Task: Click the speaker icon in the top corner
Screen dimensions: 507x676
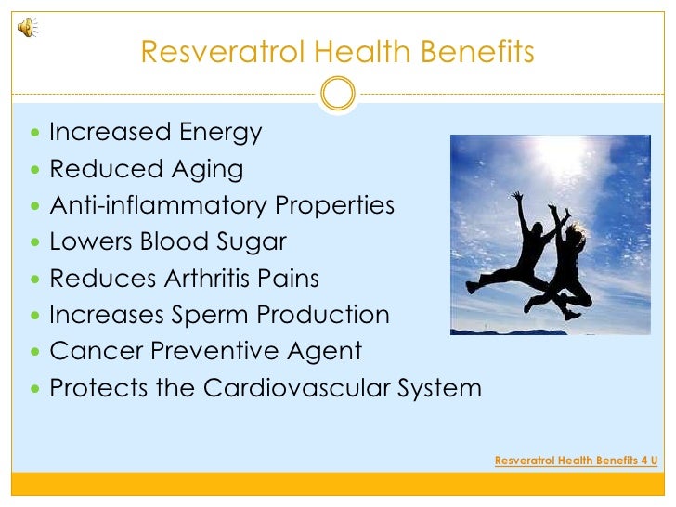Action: pyautogui.click(x=27, y=28)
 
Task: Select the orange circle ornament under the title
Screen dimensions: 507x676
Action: pyautogui.click(x=337, y=92)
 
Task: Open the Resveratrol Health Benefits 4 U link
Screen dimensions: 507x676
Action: pyautogui.click(x=576, y=459)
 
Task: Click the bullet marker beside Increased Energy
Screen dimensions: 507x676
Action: pyautogui.click(x=35, y=134)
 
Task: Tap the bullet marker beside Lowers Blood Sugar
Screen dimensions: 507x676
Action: pyautogui.click(x=35, y=242)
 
